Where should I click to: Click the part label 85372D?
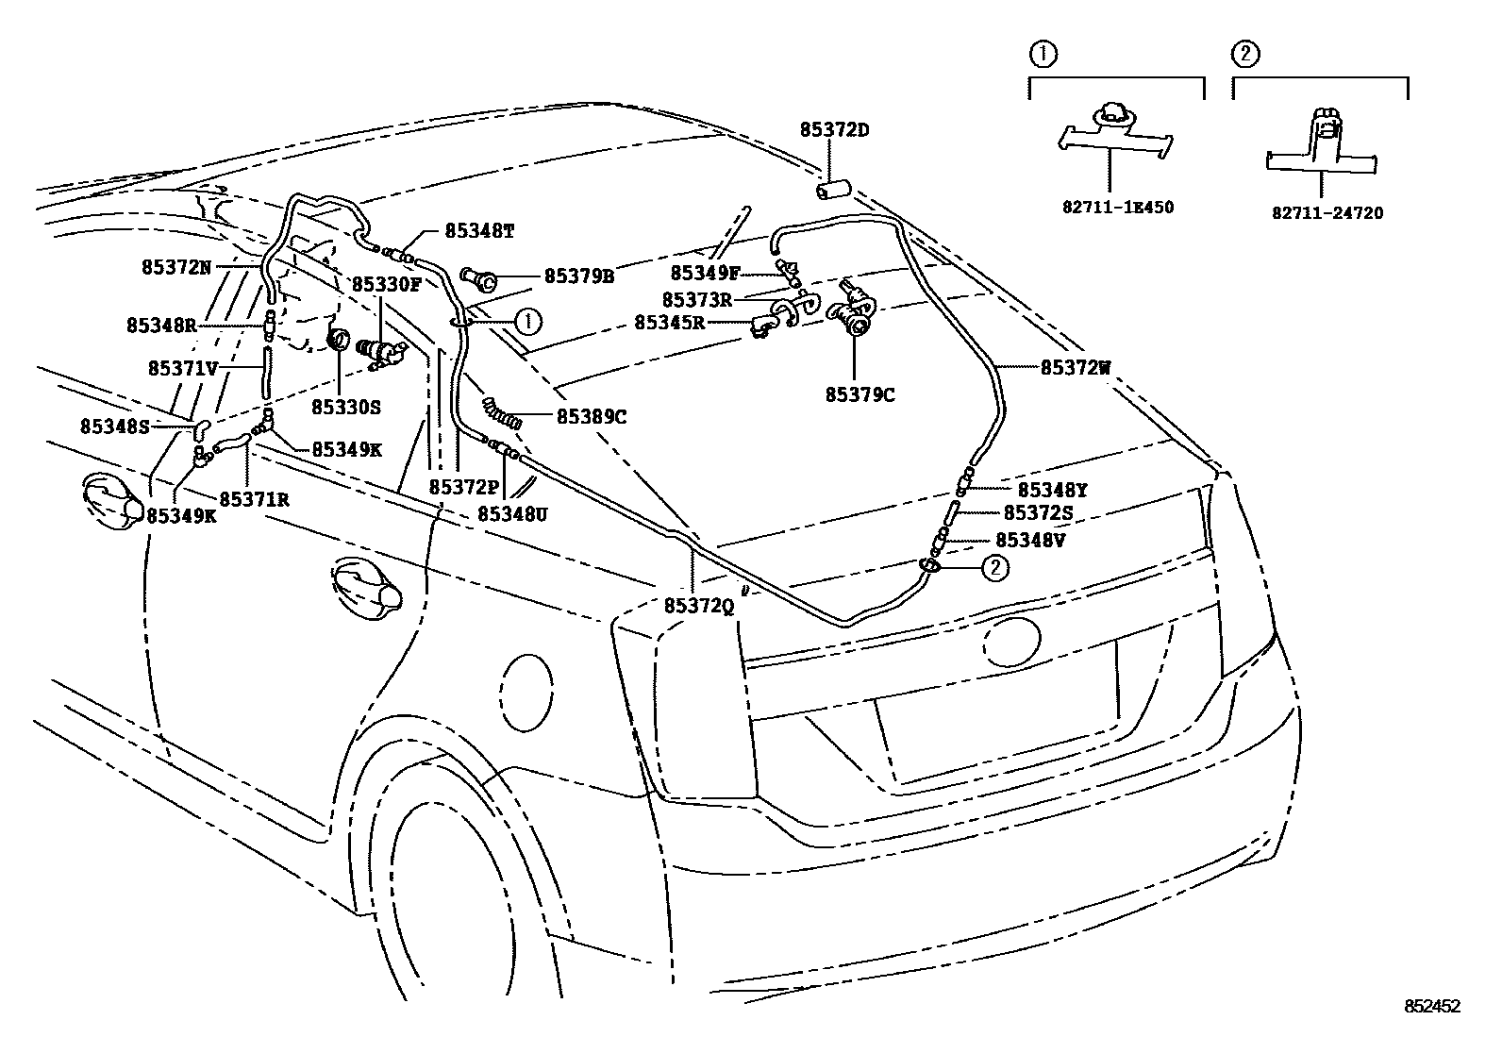[835, 129]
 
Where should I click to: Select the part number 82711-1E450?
[1117, 207]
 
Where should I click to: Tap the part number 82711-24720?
[1327, 213]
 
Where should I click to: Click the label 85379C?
[859, 395]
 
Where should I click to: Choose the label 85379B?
[579, 276]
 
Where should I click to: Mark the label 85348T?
[479, 230]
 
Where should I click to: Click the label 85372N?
[176, 268]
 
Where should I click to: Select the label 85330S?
[346, 407]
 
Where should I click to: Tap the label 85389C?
[592, 415]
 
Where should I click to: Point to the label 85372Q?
[698, 607]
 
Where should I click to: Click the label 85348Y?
[1053, 490]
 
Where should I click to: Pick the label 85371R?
[254, 499]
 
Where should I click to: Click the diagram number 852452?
[1430, 1007]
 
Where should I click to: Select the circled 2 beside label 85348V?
[995, 567]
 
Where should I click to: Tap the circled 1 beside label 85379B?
[528, 321]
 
